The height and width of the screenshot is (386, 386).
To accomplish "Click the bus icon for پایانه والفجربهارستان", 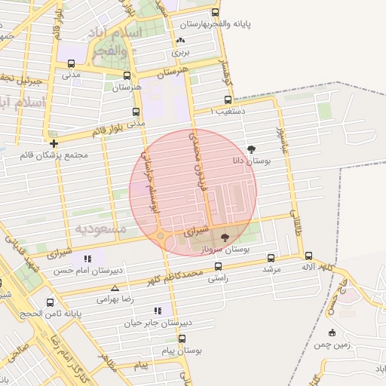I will [216, 13].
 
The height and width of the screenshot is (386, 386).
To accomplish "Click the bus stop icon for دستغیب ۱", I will [228, 100].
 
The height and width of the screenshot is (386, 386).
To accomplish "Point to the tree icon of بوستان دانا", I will [251, 149].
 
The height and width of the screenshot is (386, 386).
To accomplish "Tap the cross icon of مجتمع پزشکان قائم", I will [54, 142].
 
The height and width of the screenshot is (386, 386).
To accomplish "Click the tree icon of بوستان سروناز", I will [224, 237].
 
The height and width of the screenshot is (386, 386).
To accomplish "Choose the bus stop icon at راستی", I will [219, 266].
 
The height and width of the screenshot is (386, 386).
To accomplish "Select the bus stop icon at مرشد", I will [270, 257].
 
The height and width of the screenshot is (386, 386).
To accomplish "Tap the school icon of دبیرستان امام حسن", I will [88, 259].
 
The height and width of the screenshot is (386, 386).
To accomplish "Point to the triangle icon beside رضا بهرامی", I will [115, 288].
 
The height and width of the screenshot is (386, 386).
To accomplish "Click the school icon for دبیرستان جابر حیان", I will [158, 311].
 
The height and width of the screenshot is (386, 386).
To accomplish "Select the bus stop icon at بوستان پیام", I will [181, 339].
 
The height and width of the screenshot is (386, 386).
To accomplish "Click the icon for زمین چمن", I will [331, 332].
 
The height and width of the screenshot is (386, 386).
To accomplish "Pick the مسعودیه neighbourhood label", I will [103, 226].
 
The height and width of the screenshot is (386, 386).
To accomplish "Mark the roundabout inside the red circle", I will [161, 237].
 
